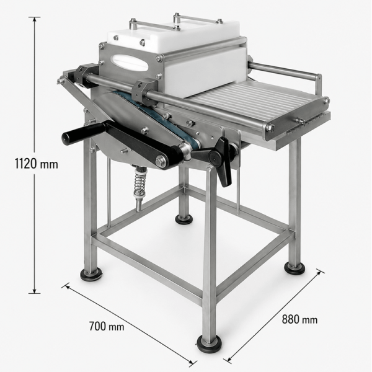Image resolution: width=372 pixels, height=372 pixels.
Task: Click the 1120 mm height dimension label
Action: click(x=37, y=164)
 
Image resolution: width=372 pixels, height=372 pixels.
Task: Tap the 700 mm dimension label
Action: click(x=107, y=326)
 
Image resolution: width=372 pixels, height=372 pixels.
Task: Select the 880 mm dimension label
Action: click(x=299, y=319)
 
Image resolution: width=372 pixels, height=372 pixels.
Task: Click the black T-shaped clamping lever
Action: click(x=219, y=159)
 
